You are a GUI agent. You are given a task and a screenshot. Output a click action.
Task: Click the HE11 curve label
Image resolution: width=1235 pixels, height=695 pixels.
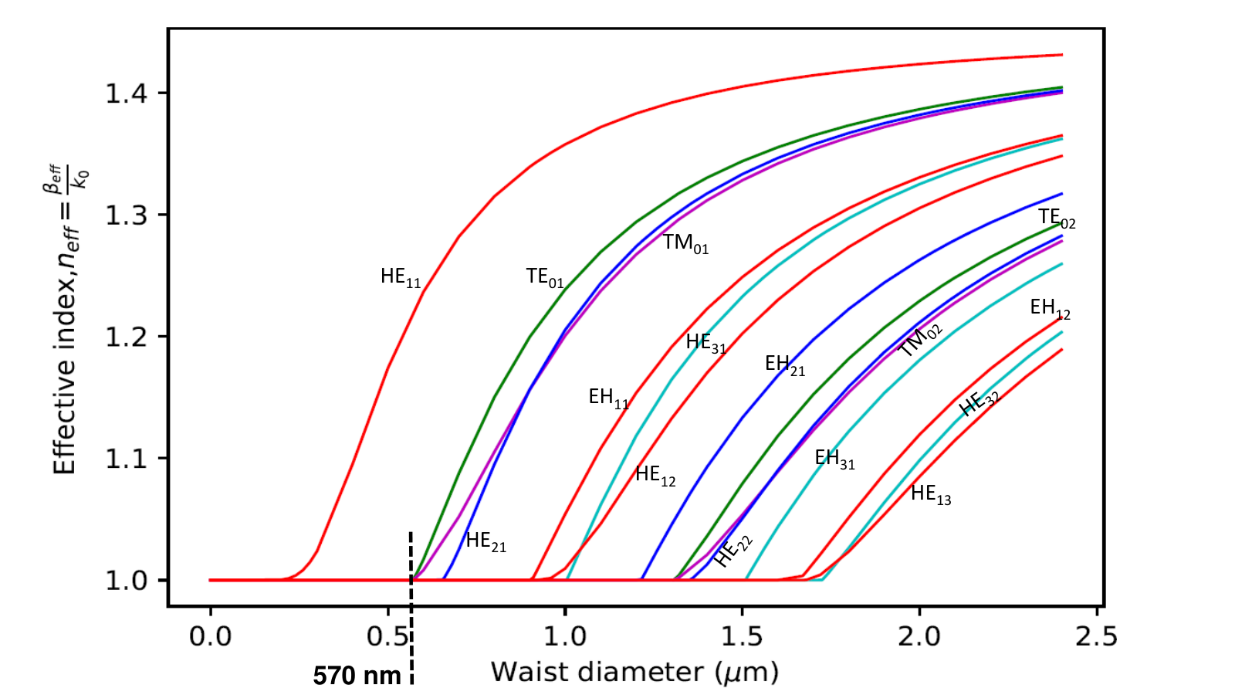click(401, 277)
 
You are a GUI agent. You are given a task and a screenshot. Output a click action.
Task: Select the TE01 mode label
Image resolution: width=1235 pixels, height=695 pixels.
click(545, 277)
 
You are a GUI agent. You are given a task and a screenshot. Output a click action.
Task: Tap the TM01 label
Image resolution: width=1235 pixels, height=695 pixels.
click(685, 243)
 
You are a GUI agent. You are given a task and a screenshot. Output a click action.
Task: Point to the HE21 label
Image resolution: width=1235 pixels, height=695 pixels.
click(486, 541)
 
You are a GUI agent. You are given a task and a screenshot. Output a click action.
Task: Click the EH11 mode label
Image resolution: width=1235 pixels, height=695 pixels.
click(609, 398)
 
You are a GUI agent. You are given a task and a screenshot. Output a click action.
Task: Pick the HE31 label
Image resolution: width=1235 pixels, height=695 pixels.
click(705, 343)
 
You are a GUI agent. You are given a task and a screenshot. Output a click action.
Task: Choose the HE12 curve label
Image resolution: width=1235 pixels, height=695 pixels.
click(655, 476)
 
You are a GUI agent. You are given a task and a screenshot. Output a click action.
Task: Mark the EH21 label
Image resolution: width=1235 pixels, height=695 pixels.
click(784, 364)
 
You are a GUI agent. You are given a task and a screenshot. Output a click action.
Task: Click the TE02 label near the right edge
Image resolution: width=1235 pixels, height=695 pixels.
click(1057, 219)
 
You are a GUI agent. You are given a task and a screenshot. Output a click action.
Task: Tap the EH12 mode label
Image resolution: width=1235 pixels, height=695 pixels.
click(1051, 309)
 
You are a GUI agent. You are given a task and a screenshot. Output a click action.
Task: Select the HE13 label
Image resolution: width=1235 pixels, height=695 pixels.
click(931, 494)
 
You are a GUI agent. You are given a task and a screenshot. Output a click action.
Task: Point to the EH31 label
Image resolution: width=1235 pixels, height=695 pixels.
click(834, 459)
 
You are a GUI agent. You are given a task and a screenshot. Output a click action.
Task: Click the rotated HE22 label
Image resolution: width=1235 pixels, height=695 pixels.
click(733, 551)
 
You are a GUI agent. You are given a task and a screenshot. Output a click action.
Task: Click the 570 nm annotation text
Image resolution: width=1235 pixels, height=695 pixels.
click(357, 676)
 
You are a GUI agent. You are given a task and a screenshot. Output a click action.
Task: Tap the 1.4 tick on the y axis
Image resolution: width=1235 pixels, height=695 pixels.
click(127, 93)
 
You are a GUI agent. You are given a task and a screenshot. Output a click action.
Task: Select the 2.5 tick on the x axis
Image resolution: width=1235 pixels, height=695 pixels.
click(1097, 637)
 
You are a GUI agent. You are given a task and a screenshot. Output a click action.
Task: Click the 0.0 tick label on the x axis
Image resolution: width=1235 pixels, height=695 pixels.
click(210, 637)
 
